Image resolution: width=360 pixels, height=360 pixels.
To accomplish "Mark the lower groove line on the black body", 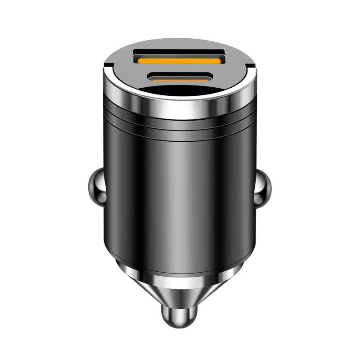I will pyautogui.click(x=180, y=130).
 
